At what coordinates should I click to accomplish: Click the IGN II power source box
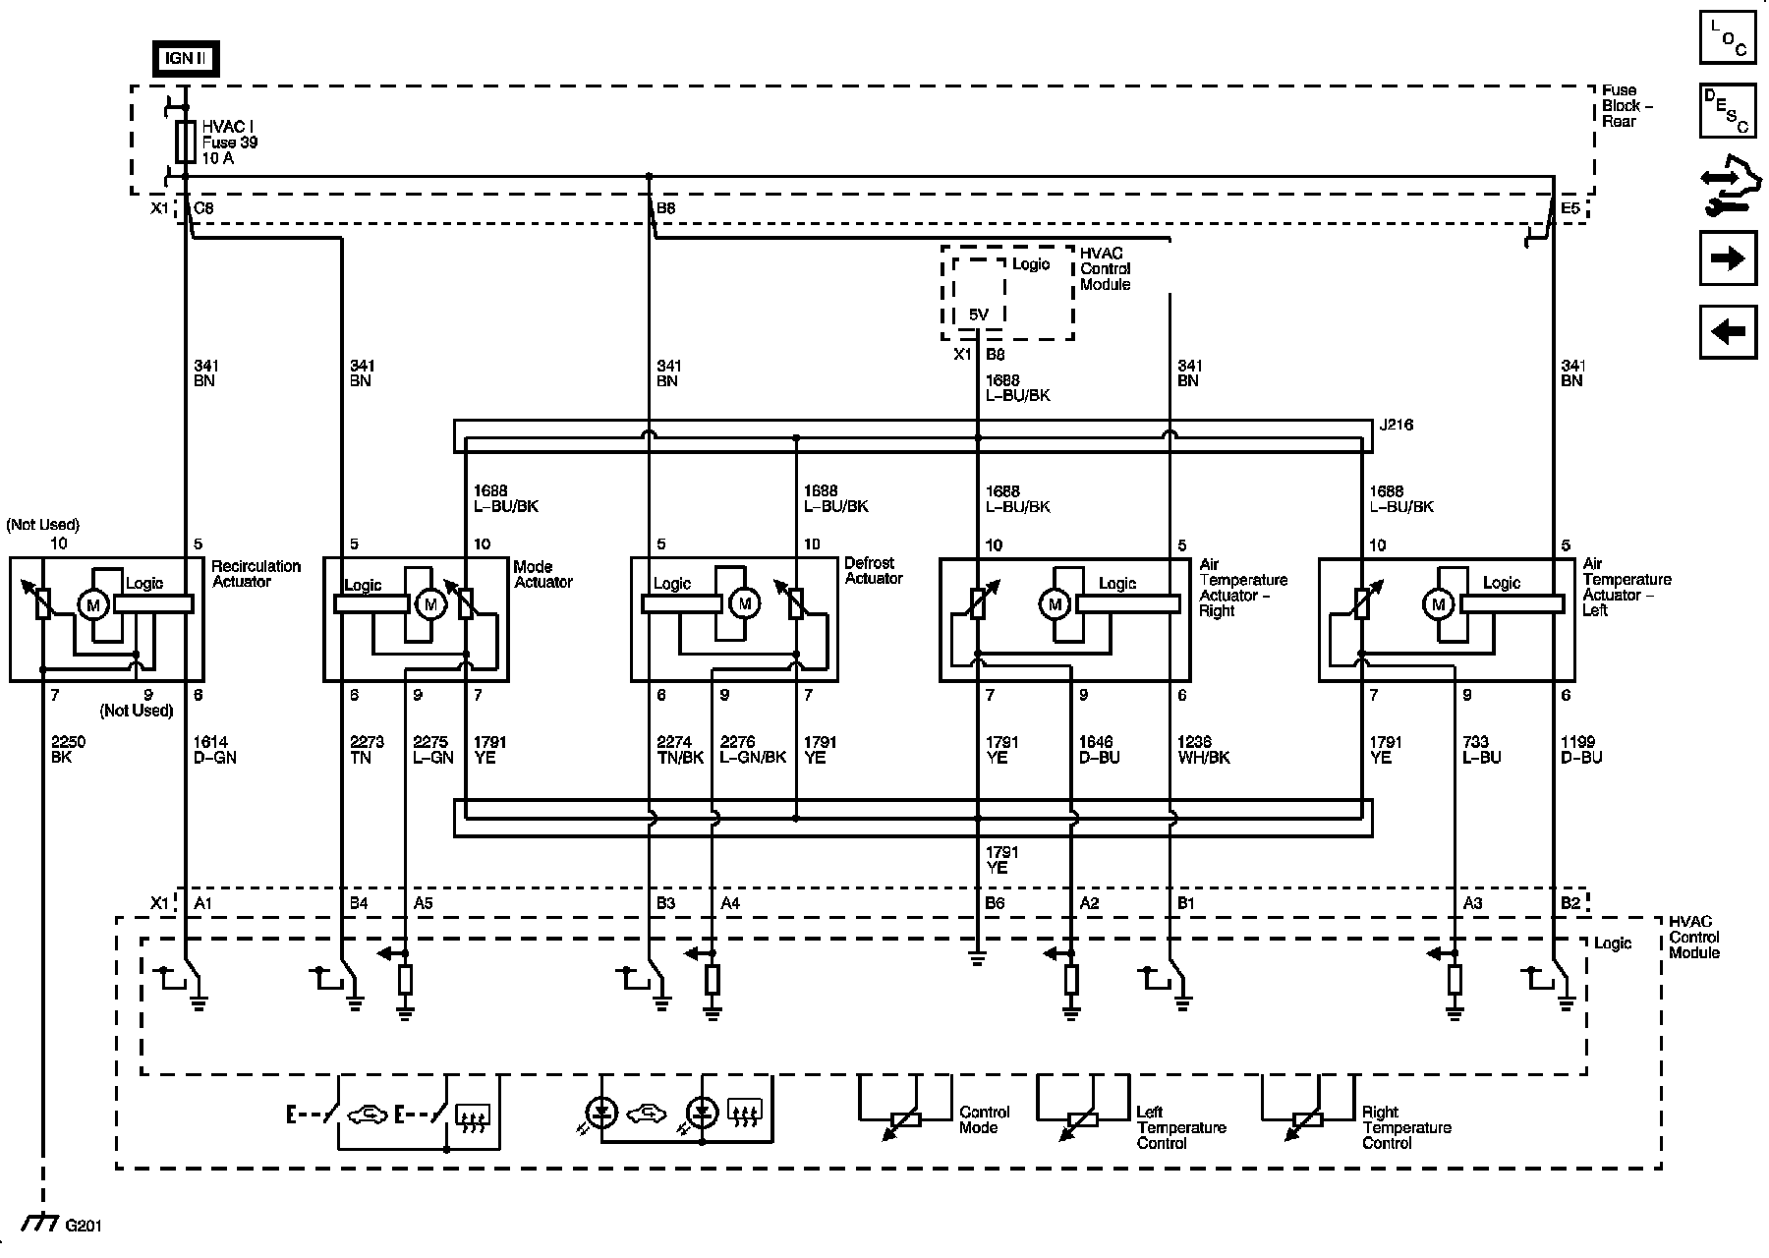pos(185,59)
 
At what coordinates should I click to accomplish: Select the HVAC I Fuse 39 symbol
pos(185,142)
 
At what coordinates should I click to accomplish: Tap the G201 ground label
pos(84,1226)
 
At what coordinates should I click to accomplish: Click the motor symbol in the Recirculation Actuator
pos(94,604)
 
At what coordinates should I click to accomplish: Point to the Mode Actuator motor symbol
pos(429,604)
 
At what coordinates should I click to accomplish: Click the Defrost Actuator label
pos(873,571)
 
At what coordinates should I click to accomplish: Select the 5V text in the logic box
pos(978,314)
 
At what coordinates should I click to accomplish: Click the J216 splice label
pos(1397,426)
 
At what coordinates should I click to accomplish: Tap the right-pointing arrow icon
pos(1728,258)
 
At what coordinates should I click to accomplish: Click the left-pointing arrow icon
pos(1728,332)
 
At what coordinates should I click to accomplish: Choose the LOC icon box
pos(1728,37)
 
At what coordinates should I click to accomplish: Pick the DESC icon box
pos(1728,111)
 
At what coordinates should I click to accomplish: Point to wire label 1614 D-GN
pos(214,750)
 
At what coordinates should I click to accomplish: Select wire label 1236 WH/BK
pos(1203,750)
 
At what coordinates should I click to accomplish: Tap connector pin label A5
pos(423,903)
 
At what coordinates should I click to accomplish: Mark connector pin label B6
pos(996,903)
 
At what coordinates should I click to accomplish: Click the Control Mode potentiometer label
pos(984,1119)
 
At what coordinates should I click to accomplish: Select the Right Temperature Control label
pos(1405,1127)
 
